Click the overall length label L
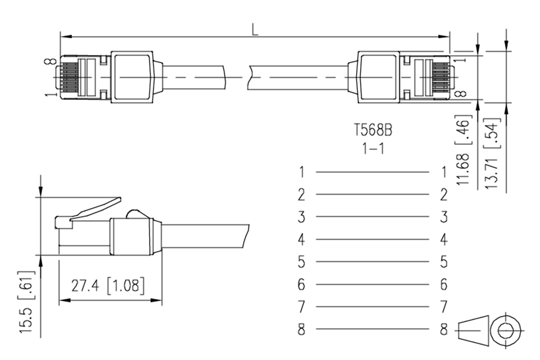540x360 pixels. point(255,30)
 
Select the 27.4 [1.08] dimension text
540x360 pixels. point(108,286)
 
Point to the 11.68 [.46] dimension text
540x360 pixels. point(463,150)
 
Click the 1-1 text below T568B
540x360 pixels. point(373,149)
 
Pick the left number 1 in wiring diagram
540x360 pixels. point(302,172)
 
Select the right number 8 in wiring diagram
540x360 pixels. point(444,329)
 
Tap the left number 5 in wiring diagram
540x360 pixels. point(301,262)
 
